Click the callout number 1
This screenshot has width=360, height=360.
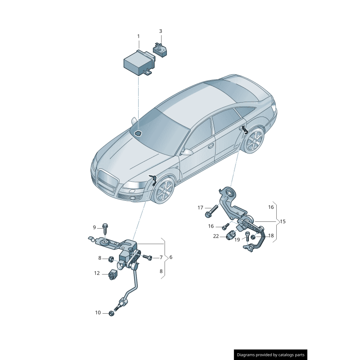click(x=139, y=36)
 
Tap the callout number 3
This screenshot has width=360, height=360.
click(x=161, y=31)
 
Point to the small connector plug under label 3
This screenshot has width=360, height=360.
click(x=160, y=50)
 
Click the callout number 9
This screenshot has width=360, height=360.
click(x=94, y=227)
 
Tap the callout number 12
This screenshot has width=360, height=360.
click(x=97, y=273)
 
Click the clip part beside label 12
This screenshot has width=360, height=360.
click(x=112, y=274)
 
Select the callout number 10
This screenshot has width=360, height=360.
click(x=98, y=313)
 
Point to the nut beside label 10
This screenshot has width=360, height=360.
click(x=111, y=313)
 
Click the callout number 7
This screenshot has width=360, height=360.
click(x=161, y=257)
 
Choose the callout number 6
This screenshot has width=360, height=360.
click(x=171, y=257)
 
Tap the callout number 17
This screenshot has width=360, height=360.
click(x=200, y=207)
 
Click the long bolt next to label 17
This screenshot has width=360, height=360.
click(x=211, y=211)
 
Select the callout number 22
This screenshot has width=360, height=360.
click(x=216, y=236)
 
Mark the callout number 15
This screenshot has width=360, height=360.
click(x=283, y=221)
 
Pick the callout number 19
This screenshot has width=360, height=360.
click(x=237, y=240)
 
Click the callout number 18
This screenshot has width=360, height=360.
click(x=271, y=235)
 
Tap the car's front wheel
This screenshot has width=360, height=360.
click(x=165, y=192)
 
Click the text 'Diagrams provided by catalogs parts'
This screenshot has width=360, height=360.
click(x=271, y=355)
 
